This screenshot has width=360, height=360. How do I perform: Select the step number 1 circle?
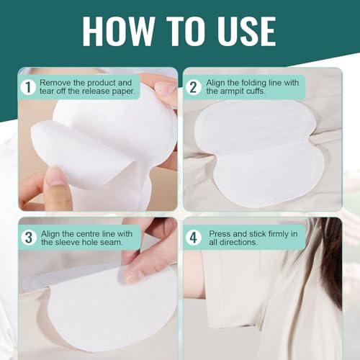27,88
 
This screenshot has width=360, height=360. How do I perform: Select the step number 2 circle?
193,88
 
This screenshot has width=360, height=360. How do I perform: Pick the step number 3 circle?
27,237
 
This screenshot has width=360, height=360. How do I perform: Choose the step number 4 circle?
193,237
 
